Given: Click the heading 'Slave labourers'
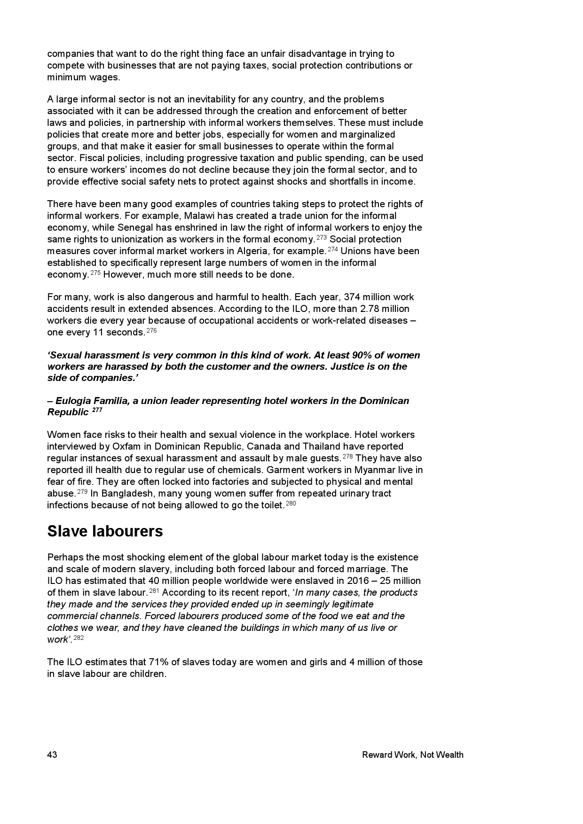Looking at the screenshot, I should point(105,531).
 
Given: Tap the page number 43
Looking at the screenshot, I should point(52,755).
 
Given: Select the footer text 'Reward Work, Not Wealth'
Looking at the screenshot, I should point(412,755).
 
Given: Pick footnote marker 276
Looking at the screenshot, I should point(151,331).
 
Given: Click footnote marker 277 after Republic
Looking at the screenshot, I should point(97,411).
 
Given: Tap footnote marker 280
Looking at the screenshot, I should point(291,504).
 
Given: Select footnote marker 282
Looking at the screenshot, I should point(79,638).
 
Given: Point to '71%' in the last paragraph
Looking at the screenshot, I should point(158,662).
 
